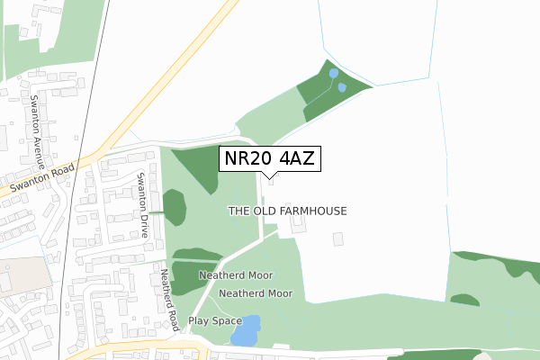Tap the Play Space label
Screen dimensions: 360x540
[x=215, y=321]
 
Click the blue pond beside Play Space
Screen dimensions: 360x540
[x=246, y=331]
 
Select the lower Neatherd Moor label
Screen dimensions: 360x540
[x=256, y=293]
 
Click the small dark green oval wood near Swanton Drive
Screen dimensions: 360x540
[x=175, y=208]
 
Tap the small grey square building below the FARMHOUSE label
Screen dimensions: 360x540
[x=338, y=239]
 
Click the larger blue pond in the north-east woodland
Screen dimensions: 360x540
[x=334, y=74]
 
